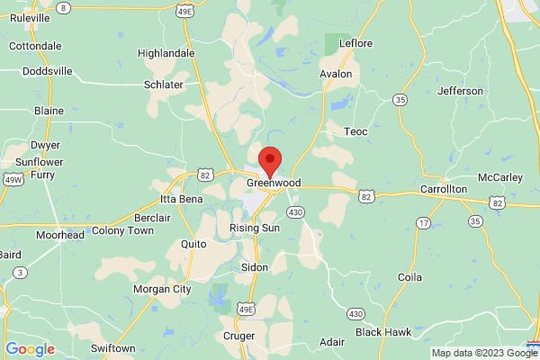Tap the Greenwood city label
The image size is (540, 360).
273,183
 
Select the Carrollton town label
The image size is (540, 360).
444,189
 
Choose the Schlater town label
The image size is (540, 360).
164,85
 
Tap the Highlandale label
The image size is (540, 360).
166,53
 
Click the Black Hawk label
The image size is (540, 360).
382,332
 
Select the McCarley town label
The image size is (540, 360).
500,176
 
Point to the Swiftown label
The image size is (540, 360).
113,347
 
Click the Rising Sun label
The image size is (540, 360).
256,229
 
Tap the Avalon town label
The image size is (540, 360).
337,75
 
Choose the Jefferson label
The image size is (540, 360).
461,91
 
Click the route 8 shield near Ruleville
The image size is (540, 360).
63,7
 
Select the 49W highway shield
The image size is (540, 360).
13,178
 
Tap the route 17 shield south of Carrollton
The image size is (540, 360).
422,221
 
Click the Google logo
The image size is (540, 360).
31,349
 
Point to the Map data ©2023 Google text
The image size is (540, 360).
484,353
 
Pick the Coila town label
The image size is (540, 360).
409,277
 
